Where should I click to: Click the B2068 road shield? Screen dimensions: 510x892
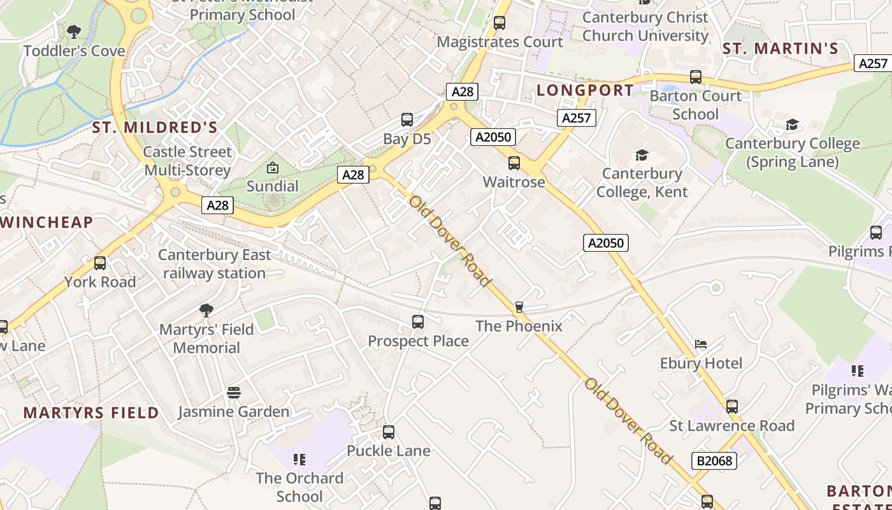point(714,460)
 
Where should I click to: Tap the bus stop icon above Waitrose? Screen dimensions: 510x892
point(514,163)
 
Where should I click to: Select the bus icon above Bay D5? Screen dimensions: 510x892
point(406,120)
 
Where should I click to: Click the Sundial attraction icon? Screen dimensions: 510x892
point(273,168)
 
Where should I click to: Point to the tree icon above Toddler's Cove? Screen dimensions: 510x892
point(74,31)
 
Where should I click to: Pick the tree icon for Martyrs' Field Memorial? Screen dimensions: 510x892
point(206,310)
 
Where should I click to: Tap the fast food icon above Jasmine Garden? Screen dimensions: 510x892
point(234,393)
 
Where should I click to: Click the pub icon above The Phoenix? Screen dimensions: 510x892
point(519,307)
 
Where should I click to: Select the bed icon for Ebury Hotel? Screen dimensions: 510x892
point(701,344)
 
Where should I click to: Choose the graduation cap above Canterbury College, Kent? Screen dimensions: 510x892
point(642,155)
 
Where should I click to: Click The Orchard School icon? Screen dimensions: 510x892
point(299,459)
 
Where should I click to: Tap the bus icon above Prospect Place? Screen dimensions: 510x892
point(418,322)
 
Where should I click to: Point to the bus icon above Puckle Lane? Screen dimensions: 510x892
point(389,432)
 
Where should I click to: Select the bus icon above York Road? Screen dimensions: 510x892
point(100,263)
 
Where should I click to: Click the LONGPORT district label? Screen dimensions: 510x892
point(585,91)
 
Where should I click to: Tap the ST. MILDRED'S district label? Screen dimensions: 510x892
point(155,127)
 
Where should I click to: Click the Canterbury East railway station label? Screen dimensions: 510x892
point(215,264)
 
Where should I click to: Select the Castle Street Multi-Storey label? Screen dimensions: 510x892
point(187,161)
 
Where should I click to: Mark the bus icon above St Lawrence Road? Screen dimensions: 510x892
point(732,407)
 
